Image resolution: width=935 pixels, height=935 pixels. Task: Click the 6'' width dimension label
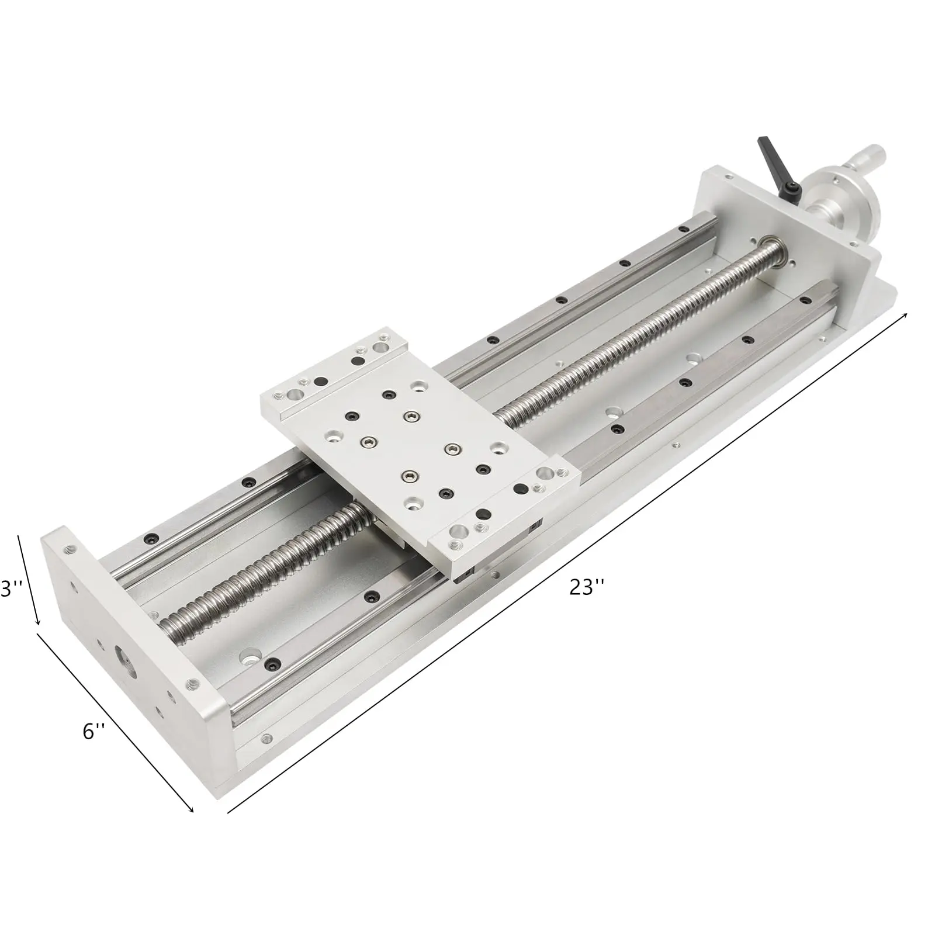coord(93,730)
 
